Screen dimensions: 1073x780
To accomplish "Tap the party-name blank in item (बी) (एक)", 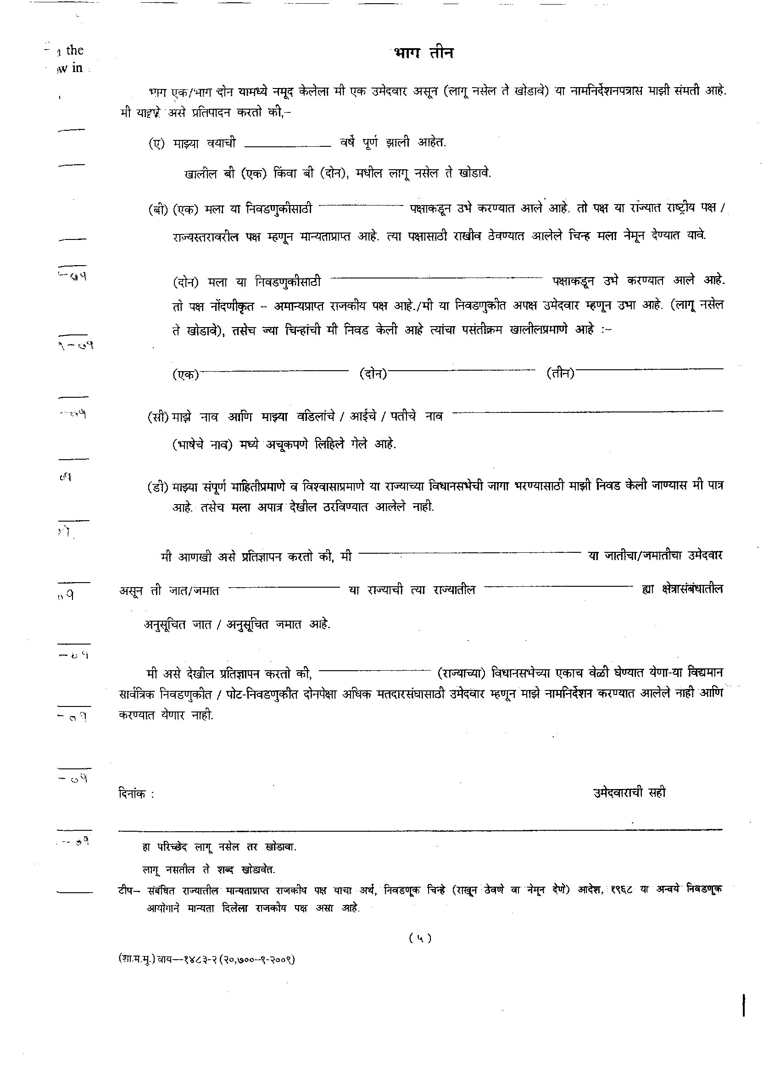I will [361, 206].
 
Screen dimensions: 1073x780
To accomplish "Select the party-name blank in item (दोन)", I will [436, 278].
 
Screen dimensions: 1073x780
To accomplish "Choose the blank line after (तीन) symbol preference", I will [649, 369].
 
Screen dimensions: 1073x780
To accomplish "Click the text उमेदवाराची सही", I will [630, 792].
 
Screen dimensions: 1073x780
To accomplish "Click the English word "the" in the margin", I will [75, 50].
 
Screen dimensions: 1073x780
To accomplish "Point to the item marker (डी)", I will [158, 487].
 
